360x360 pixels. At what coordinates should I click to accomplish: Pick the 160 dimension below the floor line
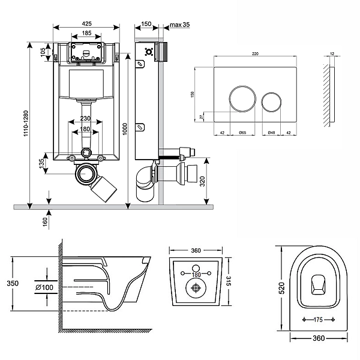tap(45, 221)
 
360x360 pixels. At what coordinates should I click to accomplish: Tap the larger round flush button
tap(239, 98)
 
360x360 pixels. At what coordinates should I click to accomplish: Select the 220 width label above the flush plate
tap(255, 54)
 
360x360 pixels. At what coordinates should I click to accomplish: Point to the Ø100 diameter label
tap(46, 287)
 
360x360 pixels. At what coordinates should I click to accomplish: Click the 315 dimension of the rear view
tap(229, 280)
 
